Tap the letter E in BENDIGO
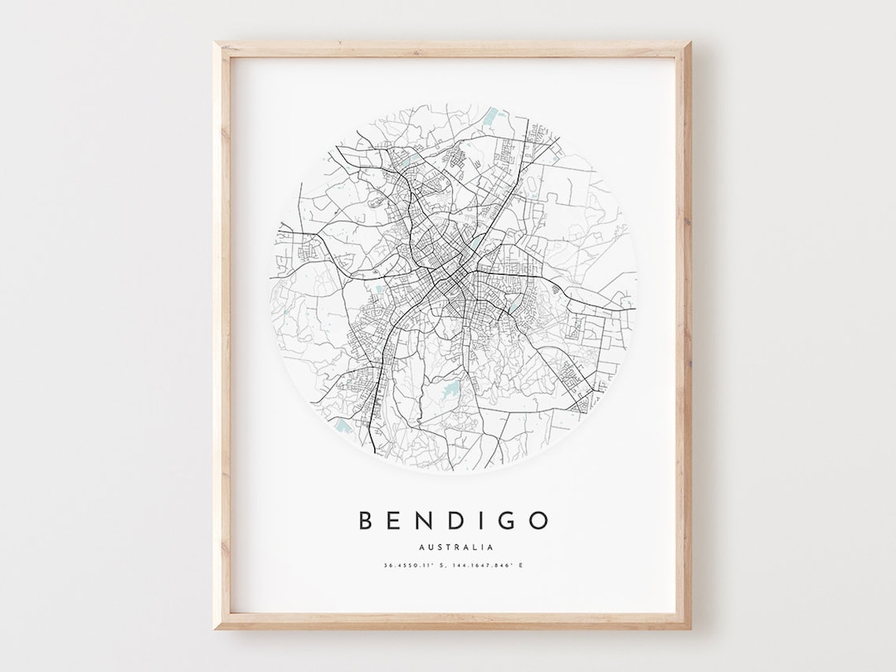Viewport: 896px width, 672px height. coord(397,521)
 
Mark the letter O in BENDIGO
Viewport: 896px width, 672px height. coord(539,521)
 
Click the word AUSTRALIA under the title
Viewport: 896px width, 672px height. coord(456,547)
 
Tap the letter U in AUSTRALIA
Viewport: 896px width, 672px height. coord(431,547)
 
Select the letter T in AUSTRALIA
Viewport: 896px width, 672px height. coord(449,547)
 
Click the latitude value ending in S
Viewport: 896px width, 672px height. coord(416,566)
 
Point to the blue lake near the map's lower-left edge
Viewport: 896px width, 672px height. coord(342,427)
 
